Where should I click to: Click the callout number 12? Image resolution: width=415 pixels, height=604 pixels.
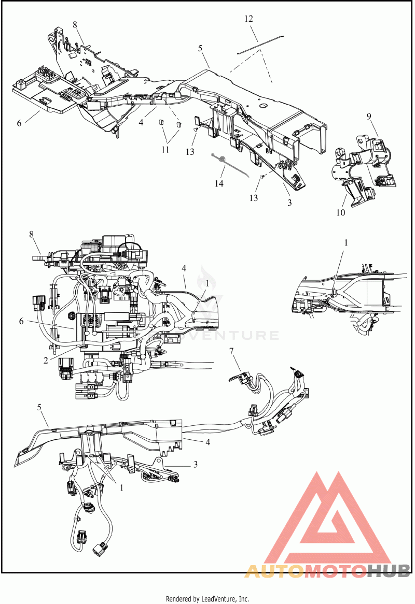249,19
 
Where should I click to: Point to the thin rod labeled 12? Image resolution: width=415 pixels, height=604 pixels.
261,45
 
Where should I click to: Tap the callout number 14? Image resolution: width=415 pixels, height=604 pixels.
219,184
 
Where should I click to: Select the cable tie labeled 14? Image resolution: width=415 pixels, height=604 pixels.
229,165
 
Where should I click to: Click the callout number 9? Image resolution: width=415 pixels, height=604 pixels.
369,116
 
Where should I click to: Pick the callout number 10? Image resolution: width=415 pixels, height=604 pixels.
341,212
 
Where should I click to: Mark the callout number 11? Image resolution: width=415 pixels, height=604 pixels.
165,149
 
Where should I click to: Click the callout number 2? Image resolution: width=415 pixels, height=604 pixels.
46,361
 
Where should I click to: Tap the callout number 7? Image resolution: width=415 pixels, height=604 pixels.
231,351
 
